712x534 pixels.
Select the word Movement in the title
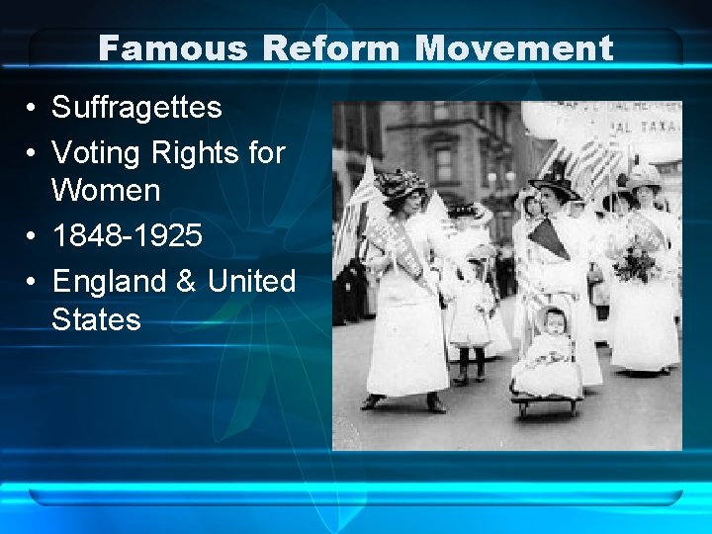click(x=514, y=47)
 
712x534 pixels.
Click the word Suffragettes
click(x=136, y=107)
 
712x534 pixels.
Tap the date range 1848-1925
click(x=128, y=235)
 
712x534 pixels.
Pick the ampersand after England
click(x=186, y=282)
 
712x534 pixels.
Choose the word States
click(x=96, y=319)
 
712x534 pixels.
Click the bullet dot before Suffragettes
click(x=33, y=108)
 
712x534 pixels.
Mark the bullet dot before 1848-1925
click(x=33, y=236)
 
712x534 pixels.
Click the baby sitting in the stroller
click(x=553, y=341)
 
